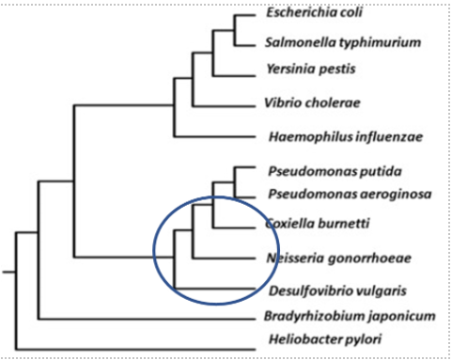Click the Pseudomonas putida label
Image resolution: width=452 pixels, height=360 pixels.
pyautogui.click(x=321, y=171)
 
